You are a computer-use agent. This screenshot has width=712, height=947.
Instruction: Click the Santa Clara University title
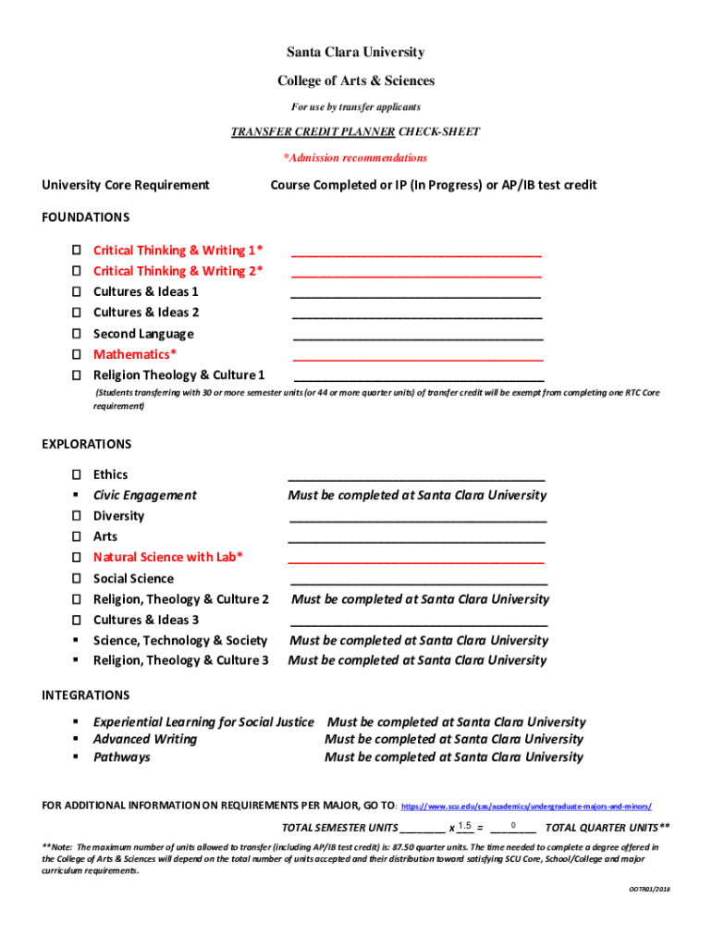355,53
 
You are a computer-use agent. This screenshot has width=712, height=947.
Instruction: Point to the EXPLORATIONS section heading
87,444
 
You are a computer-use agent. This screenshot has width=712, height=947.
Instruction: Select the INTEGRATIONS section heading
86,695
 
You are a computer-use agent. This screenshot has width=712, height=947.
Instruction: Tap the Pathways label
121,757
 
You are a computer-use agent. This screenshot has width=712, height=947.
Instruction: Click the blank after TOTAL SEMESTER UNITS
423,829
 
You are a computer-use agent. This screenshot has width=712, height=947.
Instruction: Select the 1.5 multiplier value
464,826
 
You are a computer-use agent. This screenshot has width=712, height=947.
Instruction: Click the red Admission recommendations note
355,158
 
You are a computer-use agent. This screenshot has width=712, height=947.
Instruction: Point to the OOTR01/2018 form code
649,890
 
